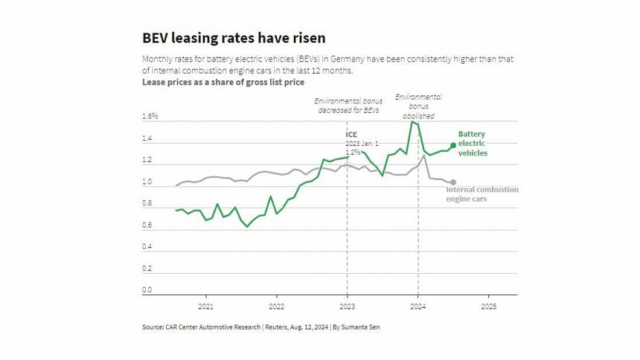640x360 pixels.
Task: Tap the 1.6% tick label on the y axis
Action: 150,117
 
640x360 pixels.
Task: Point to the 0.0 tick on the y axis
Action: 147,290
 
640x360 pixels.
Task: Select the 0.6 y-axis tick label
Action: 147,225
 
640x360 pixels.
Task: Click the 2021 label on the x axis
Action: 205,306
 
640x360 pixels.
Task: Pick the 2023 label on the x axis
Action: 347,306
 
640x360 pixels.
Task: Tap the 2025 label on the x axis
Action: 488,306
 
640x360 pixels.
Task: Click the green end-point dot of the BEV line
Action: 453,145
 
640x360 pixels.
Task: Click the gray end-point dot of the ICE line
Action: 453,182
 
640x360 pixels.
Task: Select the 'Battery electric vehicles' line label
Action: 473,143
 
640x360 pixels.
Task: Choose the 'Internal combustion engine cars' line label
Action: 481,194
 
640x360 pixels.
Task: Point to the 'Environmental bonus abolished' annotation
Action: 418,106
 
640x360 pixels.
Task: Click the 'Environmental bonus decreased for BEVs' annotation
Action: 347,105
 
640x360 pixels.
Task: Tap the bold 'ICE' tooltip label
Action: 351,135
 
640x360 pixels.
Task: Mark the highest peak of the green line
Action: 412,122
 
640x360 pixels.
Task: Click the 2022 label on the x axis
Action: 276,306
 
